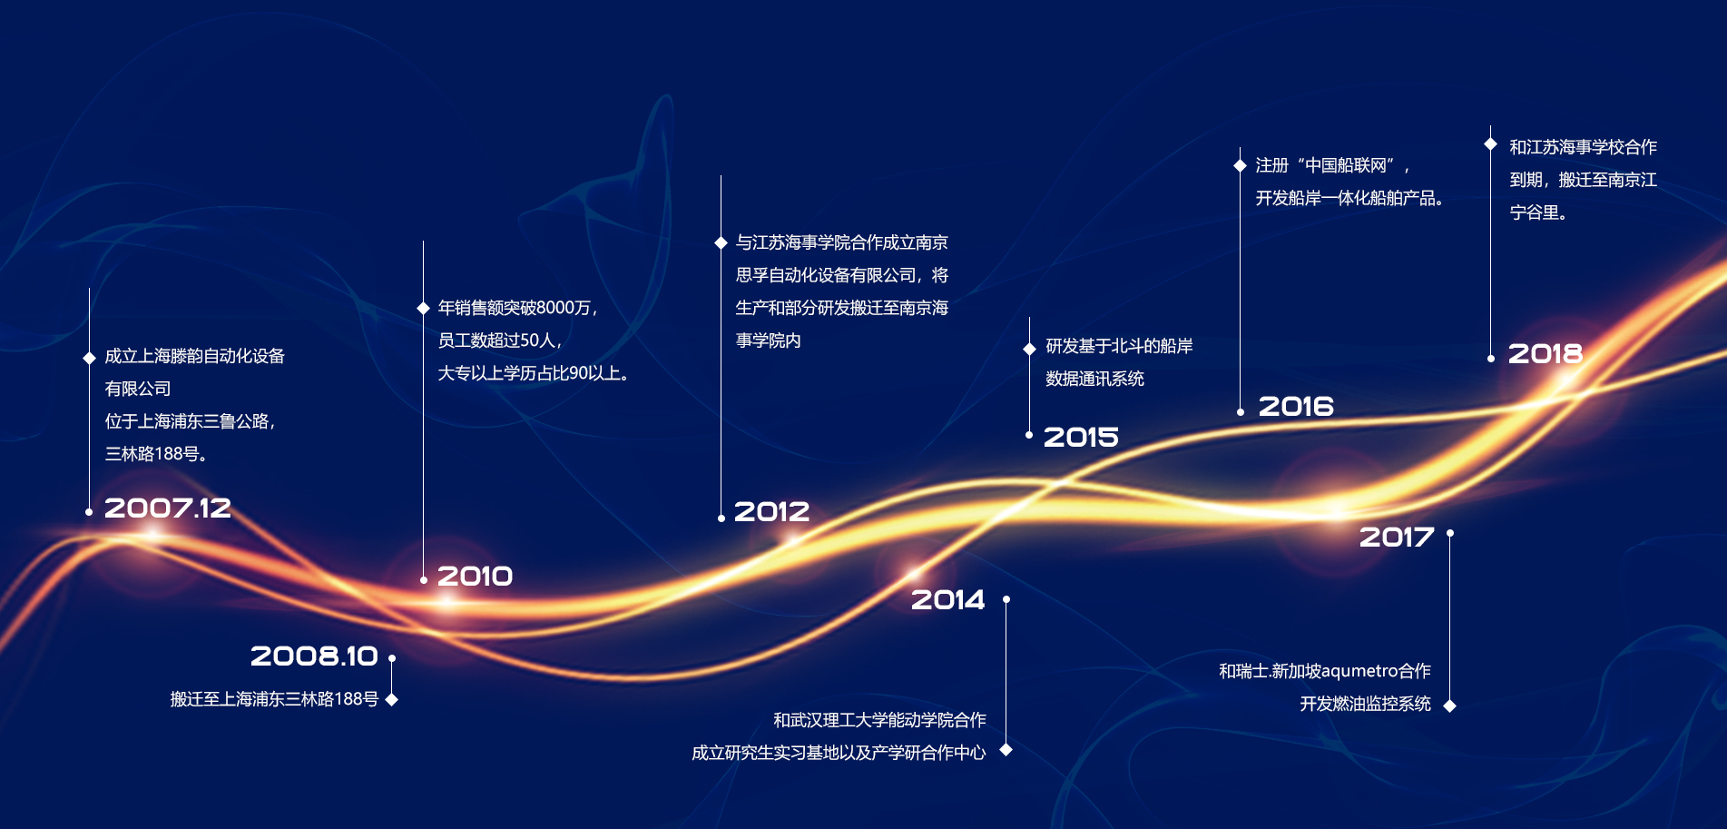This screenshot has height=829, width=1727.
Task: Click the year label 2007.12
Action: (x=168, y=508)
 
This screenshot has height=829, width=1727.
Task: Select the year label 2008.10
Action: (x=314, y=656)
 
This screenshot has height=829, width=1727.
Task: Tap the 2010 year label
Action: (x=476, y=576)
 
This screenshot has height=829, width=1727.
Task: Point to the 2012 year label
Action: (x=771, y=511)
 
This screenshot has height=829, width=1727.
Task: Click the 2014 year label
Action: (x=948, y=599)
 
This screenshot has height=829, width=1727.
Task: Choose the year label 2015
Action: (x=1081, y=437)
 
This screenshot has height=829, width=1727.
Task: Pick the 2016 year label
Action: (x=1296, y=406)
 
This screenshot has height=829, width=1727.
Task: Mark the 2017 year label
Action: (x=1397, y=537)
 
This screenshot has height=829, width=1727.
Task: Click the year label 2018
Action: (x=1545, y=353)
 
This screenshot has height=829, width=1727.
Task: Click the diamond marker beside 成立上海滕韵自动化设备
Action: (x=89, y=358)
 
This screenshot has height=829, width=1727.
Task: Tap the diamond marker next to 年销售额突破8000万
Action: (x=423, y=308)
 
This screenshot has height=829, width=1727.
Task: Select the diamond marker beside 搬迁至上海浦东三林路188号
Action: (x=392, y=699)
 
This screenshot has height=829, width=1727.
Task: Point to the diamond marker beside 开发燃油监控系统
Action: (x=1450, y=706)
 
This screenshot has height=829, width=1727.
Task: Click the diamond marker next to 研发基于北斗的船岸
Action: (x=1029, y=349)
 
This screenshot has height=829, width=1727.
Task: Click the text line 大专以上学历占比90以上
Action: (x=534, y=373)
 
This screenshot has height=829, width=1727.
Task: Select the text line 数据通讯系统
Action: (x=1094, y=379)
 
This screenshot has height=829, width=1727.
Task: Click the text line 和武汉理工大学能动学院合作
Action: (x=879, y=720)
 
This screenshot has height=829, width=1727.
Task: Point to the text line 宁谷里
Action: (x=1538, y=212)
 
